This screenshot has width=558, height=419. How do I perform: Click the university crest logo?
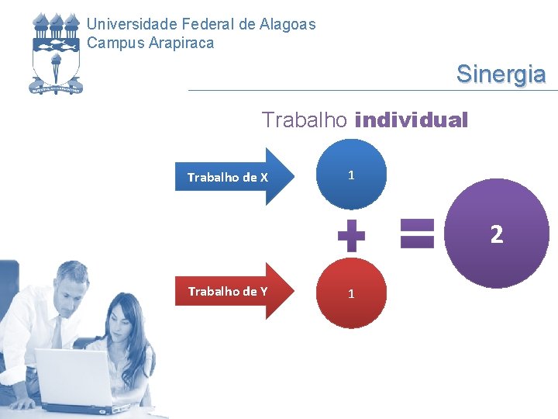(x=55, y=53)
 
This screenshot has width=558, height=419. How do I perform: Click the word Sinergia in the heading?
(x=501, y=74)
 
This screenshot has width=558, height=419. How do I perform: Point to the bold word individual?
(x=411, y=121)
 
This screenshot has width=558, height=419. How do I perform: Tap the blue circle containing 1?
(x=351, y=175)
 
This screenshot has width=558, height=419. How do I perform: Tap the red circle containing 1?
(x=351, y=293)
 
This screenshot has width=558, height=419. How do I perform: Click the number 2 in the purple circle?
(x=497, y=234)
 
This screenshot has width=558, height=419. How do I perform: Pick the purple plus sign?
(x=351, y=235)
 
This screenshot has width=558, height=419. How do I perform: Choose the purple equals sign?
(x=417, y=234)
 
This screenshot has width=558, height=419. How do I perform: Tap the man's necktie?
(x=57, y=334)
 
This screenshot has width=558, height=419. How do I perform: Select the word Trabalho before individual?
(x=305, y=121)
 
